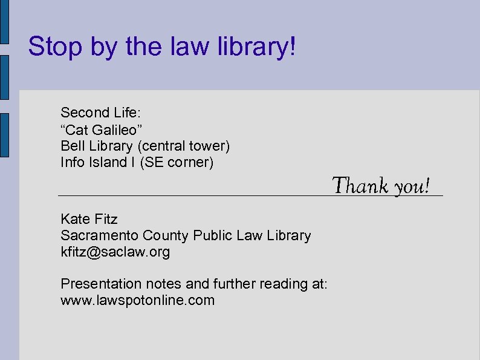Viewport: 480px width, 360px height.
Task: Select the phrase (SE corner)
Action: pyautogui.click(x=177, y=163)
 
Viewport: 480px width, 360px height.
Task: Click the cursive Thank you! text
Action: pyautogui.click(x=381, y=185)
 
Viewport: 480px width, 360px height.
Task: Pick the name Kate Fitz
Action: pyautogui.click(x=89, y=219)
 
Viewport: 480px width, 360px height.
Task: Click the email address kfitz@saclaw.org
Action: pyautogui.click(x=115, y=252)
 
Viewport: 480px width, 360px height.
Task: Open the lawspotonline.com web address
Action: pyautogui.click(x=138, y=300)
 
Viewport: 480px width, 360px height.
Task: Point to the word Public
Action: pyautogui.click(x=212, y=235)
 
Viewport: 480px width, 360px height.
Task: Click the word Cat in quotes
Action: pyautogui.click(x=75, y=129)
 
